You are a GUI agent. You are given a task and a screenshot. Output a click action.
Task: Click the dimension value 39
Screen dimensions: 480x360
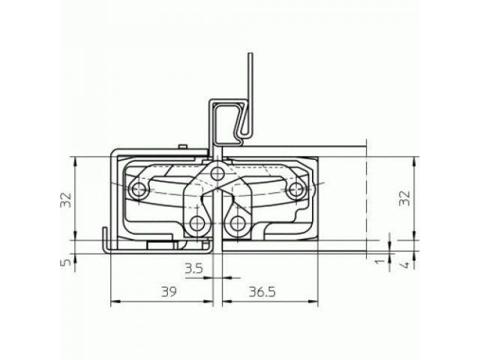(x=169, y=292)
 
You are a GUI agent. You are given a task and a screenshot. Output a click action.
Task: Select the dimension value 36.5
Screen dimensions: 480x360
(x=262, y=292)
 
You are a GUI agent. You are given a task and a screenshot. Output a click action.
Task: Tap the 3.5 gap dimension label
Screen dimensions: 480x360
(x=193, y=268)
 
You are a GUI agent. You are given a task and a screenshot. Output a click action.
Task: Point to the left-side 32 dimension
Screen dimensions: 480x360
(x=66, y=200)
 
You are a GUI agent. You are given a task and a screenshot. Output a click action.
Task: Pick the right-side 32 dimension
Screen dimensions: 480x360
(x=405, y=198)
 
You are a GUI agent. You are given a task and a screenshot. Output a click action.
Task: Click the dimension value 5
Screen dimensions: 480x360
(x=67, y=262)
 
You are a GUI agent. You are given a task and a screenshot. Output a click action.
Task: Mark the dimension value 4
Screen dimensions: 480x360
(x=405, y=265)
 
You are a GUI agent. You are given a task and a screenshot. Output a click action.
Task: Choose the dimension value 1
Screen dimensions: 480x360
(x=379, y=261)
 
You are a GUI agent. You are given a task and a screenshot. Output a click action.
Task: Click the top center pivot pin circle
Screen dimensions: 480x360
(x=217, y=174)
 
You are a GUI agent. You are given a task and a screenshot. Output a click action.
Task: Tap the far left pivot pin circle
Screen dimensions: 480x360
(x=138, y=190)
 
